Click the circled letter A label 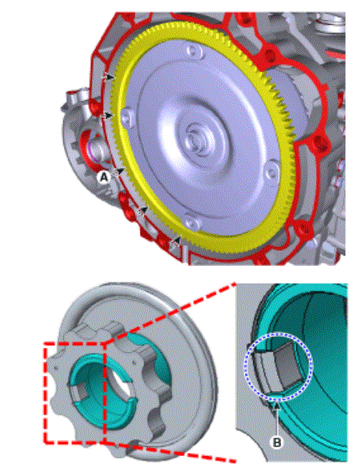(104, 177)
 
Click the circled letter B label (277, 442)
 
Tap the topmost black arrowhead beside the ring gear (110, 77)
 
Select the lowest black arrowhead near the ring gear (178, 240)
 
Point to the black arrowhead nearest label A (121, 171)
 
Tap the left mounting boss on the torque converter (127, 116)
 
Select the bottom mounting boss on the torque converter (192, 223)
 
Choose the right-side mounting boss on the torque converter (271, 172)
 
